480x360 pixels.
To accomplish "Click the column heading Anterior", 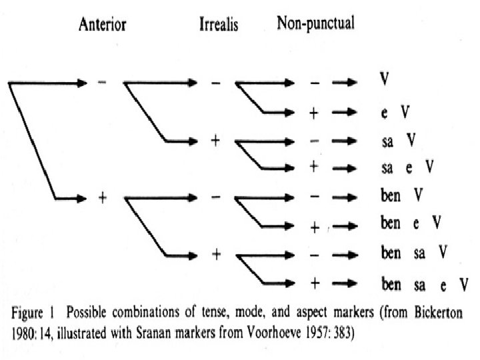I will point(103,25).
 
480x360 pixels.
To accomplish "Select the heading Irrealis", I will point(219,25).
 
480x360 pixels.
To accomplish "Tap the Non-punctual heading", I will point(315,24).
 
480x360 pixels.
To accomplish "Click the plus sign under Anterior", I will point(102,199).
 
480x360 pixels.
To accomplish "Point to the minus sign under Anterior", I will point(101,83).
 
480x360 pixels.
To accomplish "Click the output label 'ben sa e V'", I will point(424,285).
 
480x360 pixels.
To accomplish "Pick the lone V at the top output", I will point(385,79).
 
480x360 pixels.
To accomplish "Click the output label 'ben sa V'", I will point(413,253).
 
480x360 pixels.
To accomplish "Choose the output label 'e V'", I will point(391,112).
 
